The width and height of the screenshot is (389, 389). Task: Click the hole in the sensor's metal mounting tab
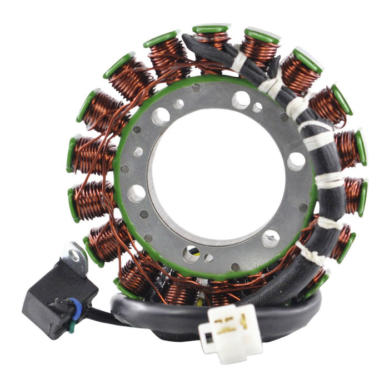point(74,256)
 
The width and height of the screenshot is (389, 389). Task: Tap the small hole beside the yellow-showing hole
point(208,258)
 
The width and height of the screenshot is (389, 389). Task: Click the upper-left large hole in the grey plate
point(161,116)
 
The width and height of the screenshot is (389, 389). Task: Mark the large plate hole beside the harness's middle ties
point(296,161)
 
